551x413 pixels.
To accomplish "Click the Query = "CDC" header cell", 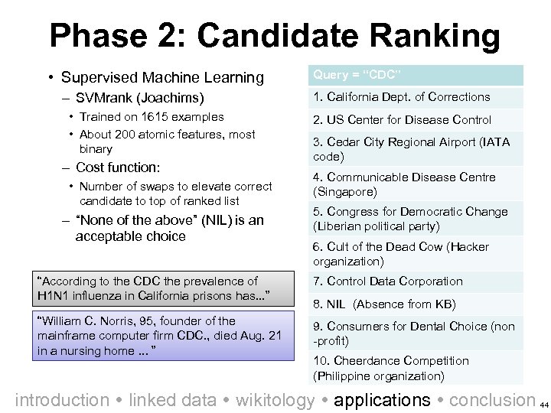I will [417, 74].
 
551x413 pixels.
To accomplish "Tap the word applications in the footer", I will [383, 399].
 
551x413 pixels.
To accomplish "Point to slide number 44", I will [544, 403].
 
